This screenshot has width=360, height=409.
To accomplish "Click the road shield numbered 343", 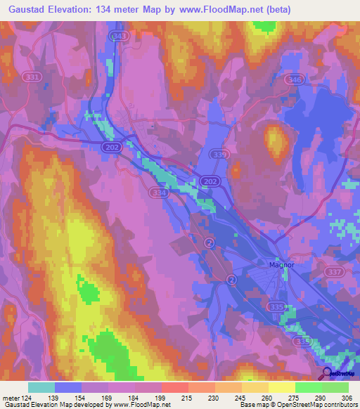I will tap(120, 35).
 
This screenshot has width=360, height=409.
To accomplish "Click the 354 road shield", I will tap(159, 192).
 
